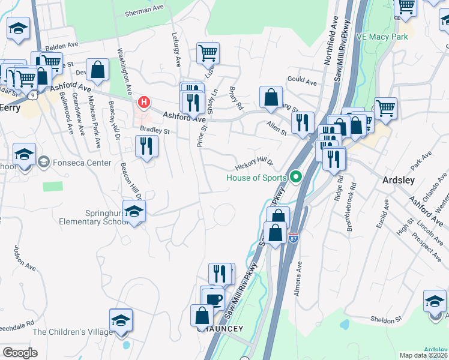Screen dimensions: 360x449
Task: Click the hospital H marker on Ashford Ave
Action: [144, 102]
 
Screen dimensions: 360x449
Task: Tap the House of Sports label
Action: [256, 177]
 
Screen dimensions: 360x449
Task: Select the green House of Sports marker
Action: [295, 177]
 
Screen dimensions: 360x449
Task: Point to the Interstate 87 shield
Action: [294, 237]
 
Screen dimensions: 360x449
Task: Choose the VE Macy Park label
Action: [382, 37]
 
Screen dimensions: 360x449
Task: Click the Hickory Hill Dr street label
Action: [254, 163]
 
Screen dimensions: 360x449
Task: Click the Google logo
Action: [20, 353]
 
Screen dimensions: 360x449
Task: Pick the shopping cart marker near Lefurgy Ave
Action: [208, 53]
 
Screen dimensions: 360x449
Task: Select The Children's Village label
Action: [73, 332]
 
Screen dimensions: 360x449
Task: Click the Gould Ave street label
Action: [301, 80]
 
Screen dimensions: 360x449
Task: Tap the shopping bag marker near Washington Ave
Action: [97, 69]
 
